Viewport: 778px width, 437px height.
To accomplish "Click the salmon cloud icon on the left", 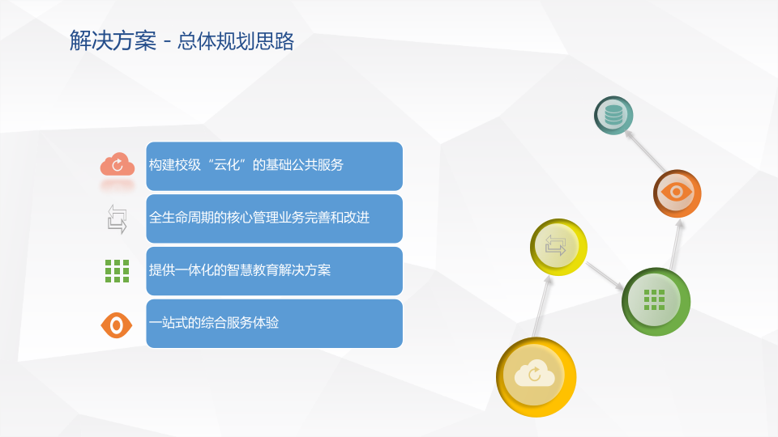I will pyautogui.click(x=117, y=165).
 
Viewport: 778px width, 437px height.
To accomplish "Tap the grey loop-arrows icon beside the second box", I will pyautogui.click(x=117, y=219).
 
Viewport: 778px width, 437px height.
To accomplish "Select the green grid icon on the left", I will pyautogui.click(x=117, y=271).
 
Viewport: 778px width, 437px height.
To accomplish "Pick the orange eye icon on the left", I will pyautogui.click(x=117, y=325).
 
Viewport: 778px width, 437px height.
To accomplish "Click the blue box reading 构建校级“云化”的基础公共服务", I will pyautogui.click(x=274, y=166).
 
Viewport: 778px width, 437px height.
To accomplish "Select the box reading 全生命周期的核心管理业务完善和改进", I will pyautogui.click(x=274, y=218).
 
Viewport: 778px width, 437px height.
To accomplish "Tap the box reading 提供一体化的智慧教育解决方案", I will pyautogui.click(x=274, y=271).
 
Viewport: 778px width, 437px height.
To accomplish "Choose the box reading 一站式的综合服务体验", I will pyautogui.click(x=274, y=324).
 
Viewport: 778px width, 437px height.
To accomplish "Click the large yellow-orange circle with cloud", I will pyautogui.click(x=536, y=376).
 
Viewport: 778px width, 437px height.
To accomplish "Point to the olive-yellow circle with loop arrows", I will pyautogui.click(x=558, y=246).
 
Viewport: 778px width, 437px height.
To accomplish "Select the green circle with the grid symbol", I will pyautogui.click(x=656, y=301).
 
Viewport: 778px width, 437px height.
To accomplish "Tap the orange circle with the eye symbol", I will pyautogui.click(x=677, y=193).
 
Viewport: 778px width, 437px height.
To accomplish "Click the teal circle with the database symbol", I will pyautogui.click(x=613, y=115).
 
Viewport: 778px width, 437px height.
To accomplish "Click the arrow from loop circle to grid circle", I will pyautogui.click(x=605, y=276).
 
